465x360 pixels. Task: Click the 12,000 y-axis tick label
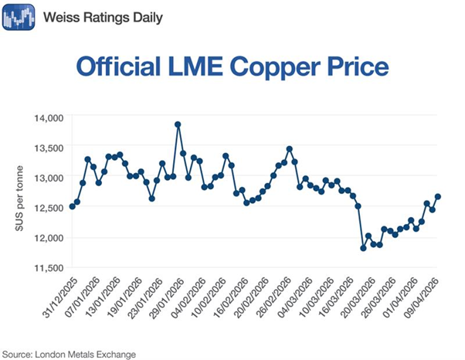pos(48,237)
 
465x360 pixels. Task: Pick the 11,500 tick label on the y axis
pos(48,267)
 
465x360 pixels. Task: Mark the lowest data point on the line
pos(363,248)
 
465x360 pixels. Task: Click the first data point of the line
pos(72,206)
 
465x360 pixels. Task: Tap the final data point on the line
pos(438,196)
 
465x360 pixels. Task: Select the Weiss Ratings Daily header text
pos(104,16)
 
